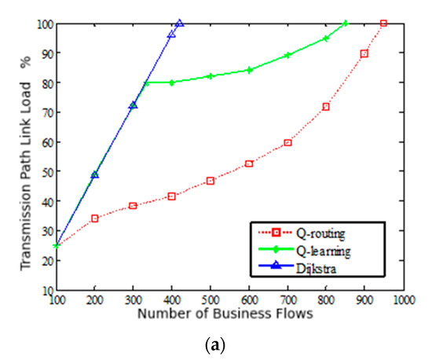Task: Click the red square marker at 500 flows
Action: coord(210,181)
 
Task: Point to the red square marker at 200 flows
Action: coord(94,219)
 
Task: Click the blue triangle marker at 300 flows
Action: coord(133,105)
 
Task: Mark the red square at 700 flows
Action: coord(287,143)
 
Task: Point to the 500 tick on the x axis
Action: coord(210,299)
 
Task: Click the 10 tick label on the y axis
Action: coord(46,290)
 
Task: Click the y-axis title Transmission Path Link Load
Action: coord(27,155)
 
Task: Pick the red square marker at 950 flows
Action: coord(383,24)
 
